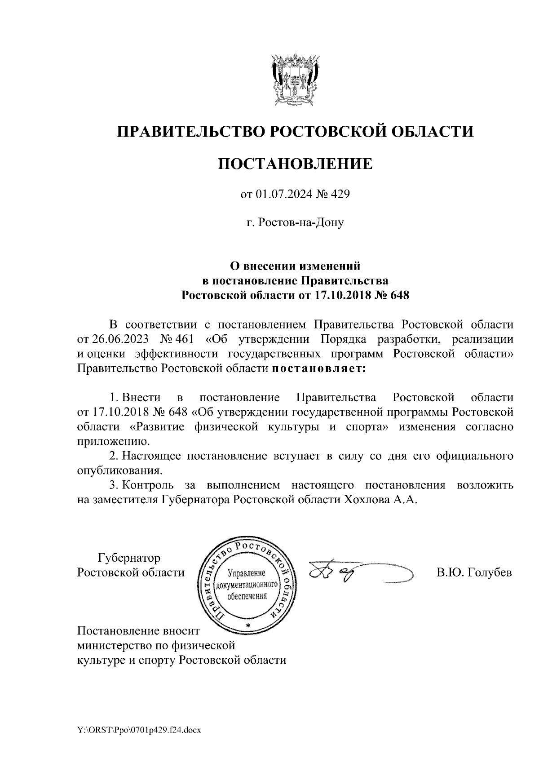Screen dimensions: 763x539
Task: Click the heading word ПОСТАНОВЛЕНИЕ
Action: pos(295,164)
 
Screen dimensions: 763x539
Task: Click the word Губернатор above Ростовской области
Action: pos(129,559)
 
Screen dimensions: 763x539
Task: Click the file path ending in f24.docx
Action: pos(139,731)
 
